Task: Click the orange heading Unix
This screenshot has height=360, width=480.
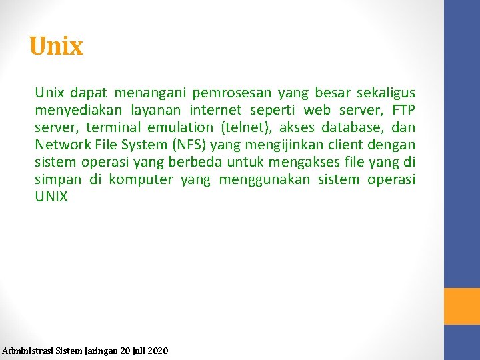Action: pos(56,47)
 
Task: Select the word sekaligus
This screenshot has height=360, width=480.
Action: pos(385,93)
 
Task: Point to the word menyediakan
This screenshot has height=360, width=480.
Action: pos(75,110)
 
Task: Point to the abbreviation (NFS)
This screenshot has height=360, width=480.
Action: pos(189,145)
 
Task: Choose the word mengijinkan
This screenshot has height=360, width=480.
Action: pos(281,145)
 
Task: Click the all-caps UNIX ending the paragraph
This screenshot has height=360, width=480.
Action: pos(51,197)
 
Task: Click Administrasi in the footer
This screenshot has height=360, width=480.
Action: pos(25,350)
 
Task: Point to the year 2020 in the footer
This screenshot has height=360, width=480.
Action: pos(157,350)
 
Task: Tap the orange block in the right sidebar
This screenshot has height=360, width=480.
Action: pos(462,306)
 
